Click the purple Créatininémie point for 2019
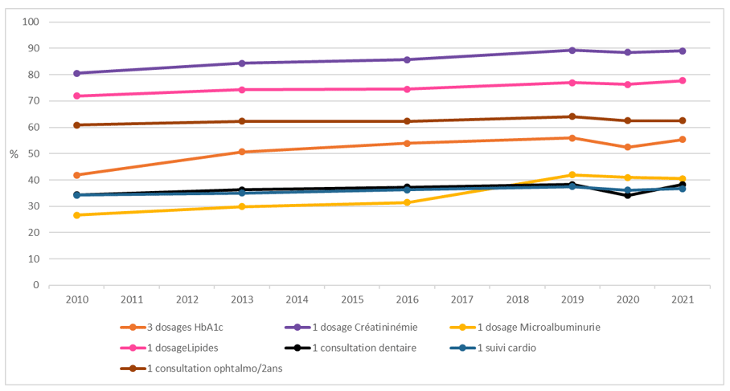pos(572,50)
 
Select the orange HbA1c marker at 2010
pos(76,175)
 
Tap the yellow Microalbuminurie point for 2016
pos(407,202)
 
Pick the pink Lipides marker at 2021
pos(682,80)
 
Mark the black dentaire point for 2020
pos(627,195)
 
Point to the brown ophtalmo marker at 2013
pos(242,121)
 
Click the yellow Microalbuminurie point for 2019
pos(572,175)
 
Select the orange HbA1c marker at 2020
pos(627,147)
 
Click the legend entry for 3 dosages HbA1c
pos(176,327)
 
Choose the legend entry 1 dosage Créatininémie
pos(351,327)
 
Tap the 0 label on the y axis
pos(36,285)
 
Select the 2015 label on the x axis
pos(352,299)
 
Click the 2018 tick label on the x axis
pos(517,299)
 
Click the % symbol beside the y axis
pos(14,153)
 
